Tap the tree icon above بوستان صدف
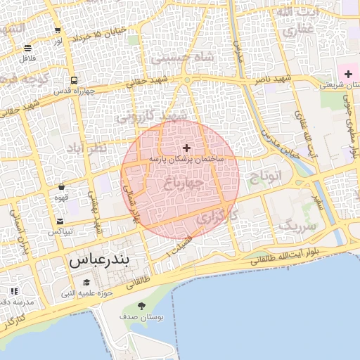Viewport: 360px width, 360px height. pyautogui.click(x=142, y=306)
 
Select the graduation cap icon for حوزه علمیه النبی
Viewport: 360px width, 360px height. pyautogui.click(x=86, y=282)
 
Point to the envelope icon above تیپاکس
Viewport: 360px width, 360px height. pyautogui.click(x=60, y=221)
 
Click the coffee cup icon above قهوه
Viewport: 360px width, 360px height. pyautogui.click(x=62, y=187)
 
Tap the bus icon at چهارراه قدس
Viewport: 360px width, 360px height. pyautogui.click(x=75, y=79)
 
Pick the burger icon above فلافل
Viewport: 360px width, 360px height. pyautogui.click(x=27, y=48)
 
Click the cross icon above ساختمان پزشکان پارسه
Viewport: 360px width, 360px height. pyautogui.click(x=186, y=148)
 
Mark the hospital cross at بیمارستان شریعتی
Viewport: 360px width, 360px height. pyautogui.click(x=348, y=74)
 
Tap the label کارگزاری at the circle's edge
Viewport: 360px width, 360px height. pyautogui.click(x=212, y=219)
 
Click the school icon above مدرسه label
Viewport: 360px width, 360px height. pyautogui.click(x=14, y=290)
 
